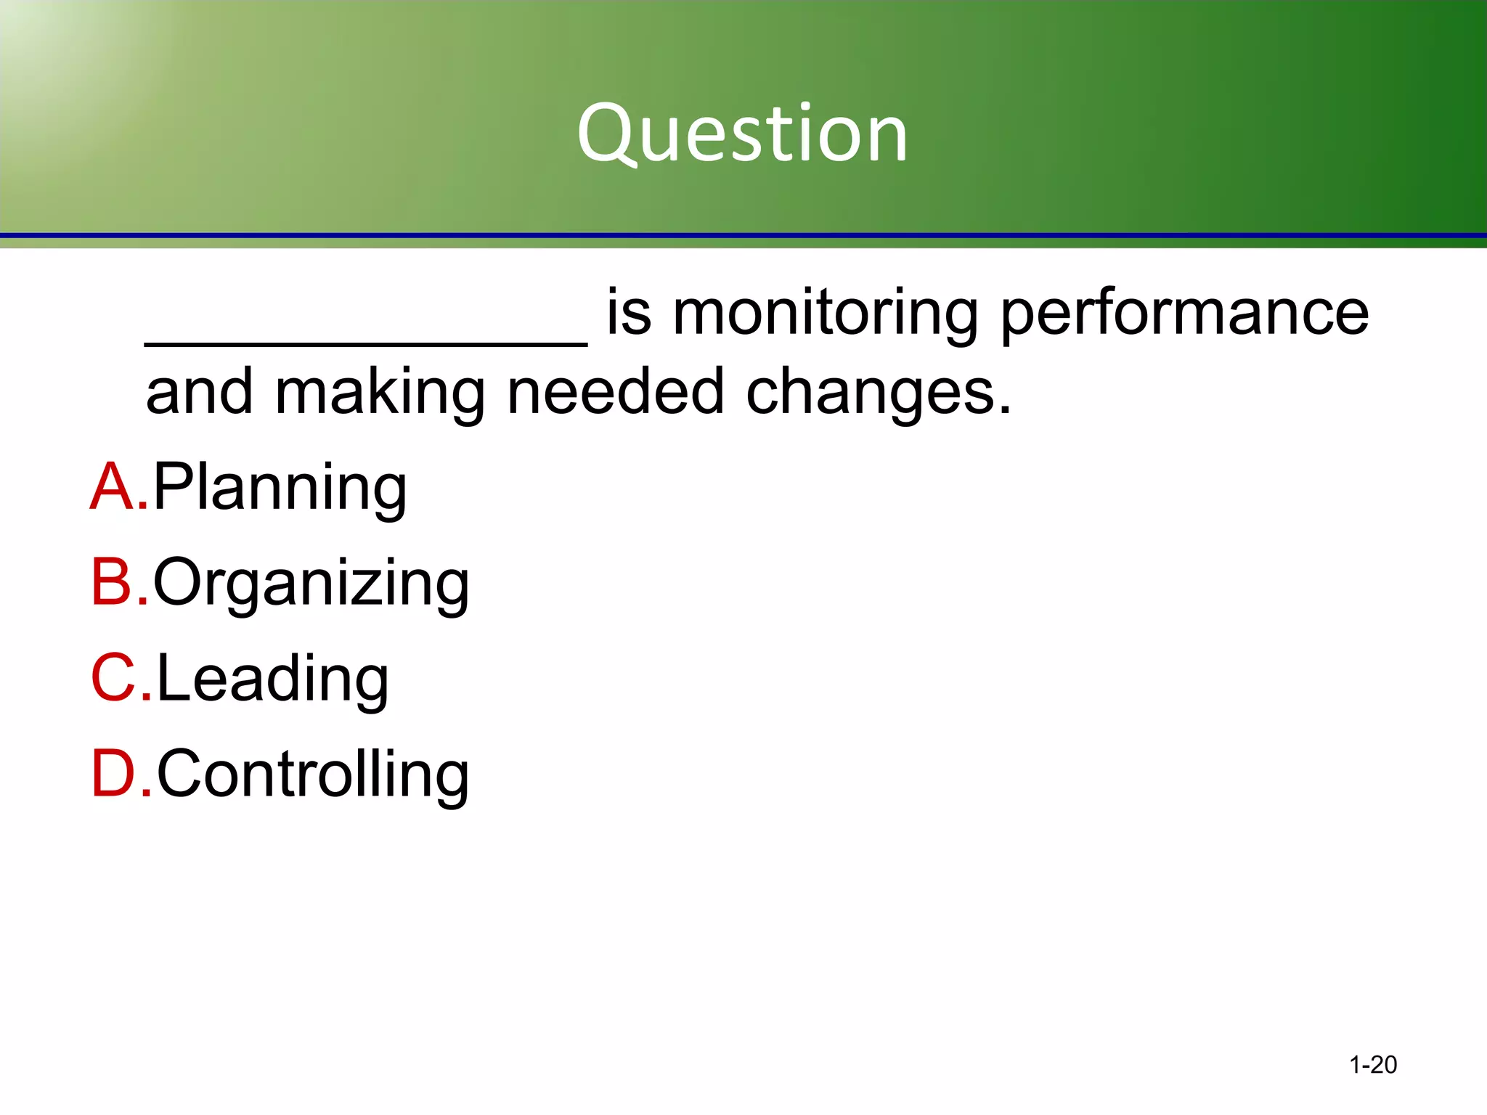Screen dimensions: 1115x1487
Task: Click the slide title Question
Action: pyautogui.click(x=742, y=134)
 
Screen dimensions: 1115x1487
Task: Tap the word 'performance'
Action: pyautogui.click(x=1184, y=314)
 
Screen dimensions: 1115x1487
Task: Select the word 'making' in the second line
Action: pyautogui.click(x=380, y=393)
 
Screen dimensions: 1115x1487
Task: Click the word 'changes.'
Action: pyautogui.click(x=879, y=393)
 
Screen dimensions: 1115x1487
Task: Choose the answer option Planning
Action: pyautogui.click(x=280, y=488)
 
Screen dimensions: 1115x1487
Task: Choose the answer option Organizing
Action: pyautogui.click(x=311, y=584)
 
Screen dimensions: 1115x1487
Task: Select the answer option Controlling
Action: pyautogui.click(x=313, y=775)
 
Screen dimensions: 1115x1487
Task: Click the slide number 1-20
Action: pyautogui.click(x=1372, y=1065)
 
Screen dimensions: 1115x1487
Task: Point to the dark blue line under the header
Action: pyautogui.click(x=743, y=236)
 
